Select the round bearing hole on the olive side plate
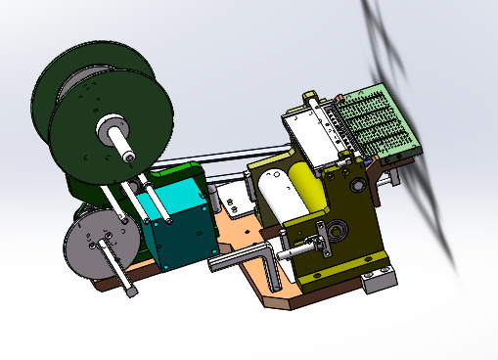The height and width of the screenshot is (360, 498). (338, 232)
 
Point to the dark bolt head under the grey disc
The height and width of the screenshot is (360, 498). (132, 292)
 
